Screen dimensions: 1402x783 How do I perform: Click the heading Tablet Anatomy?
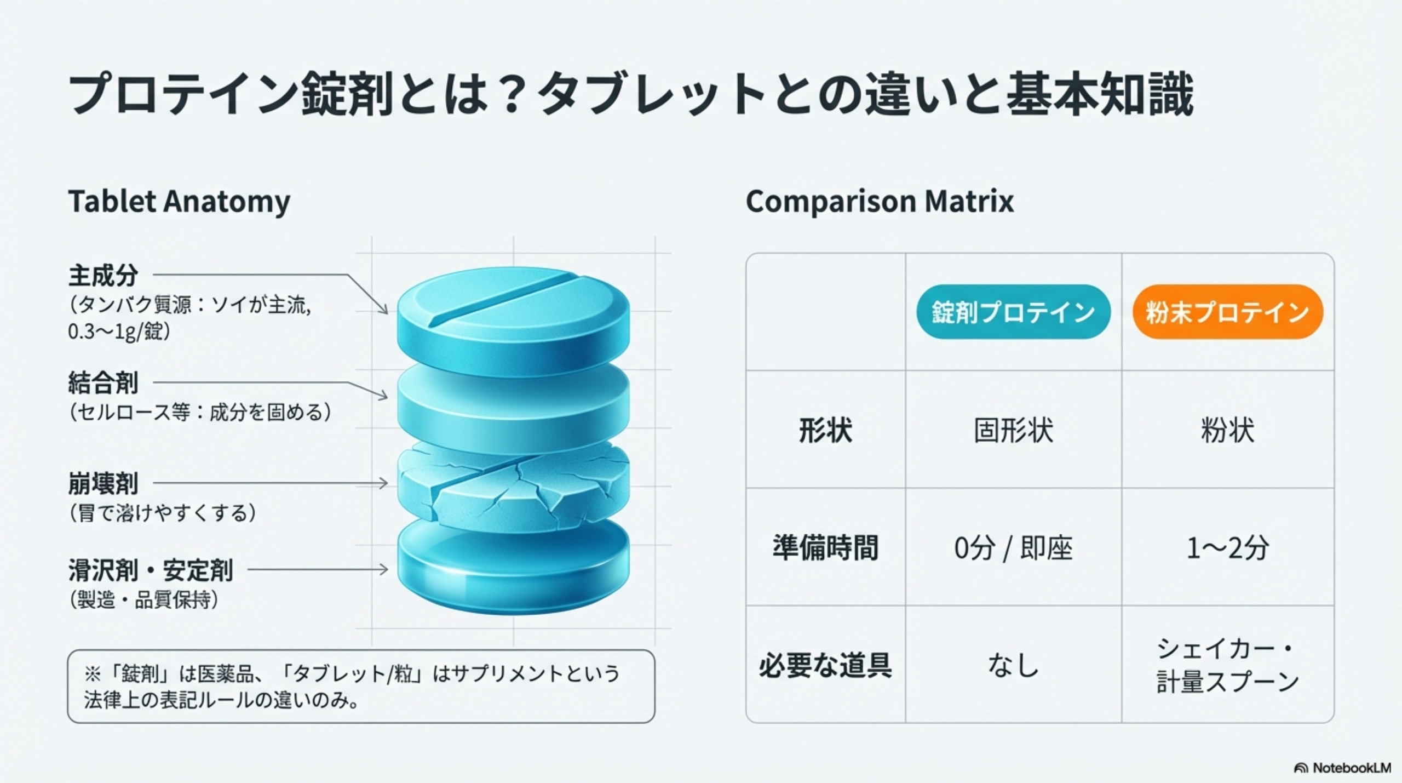point(179,202)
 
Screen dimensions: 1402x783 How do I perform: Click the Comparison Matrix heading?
point(880,201)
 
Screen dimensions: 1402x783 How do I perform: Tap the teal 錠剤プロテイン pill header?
point(1013,312)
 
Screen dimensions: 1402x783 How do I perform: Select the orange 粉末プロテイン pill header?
point(1227,312)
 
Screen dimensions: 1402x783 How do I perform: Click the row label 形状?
point(825,430)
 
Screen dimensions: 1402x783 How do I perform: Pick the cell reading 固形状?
point(1013,430)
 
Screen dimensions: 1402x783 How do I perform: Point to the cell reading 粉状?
point(1227,430)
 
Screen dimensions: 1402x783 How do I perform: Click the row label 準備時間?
point(825,547)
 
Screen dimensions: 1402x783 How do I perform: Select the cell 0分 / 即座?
point(1013,548)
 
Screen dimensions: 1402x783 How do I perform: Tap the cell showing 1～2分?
point(1227,548)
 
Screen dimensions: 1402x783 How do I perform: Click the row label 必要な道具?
point(825,665)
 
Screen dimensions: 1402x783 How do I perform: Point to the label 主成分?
point(103,275)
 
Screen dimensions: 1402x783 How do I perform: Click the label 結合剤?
point(103,382)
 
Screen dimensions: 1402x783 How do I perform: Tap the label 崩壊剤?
point(103,483)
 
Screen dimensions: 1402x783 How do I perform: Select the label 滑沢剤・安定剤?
point(151,570)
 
